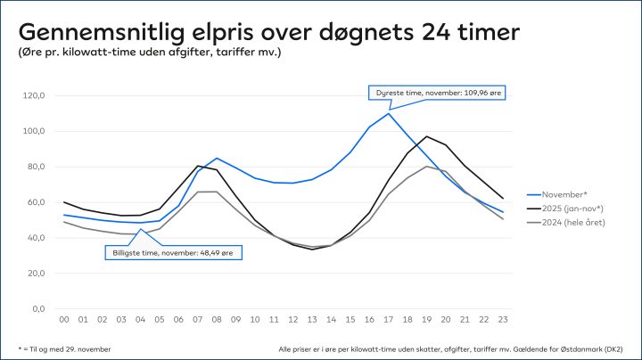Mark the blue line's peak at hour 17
(x=389, y=113)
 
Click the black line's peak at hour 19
(x=427, y=136)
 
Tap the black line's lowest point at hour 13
(x=313, y=250)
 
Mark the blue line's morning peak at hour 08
(x=217, y=159)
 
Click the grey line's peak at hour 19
(x=427, y=166)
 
